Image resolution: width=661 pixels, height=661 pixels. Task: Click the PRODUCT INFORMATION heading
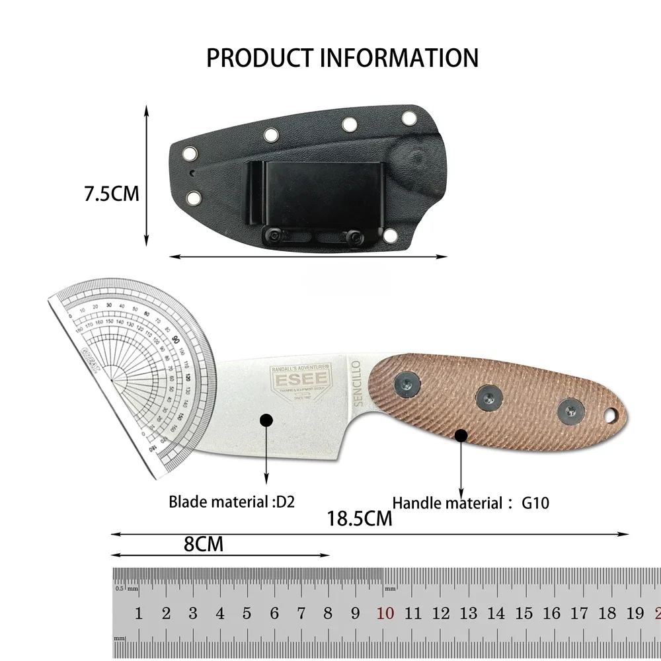[342, 58]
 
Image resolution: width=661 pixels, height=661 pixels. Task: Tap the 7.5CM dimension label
[111, 194]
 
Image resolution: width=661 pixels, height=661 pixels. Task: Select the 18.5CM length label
[360, 518]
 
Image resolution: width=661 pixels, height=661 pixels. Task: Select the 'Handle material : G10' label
[471, 503]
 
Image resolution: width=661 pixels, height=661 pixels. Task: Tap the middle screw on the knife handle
[487, 397]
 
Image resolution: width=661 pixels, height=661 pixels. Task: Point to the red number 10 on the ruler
[386, 613]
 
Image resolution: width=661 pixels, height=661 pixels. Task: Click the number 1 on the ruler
[138, 613]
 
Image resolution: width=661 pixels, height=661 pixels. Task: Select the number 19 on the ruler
[635, 613]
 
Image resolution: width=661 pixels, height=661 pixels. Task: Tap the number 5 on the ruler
[247, 613]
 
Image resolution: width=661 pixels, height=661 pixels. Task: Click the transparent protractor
[132, 370]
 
